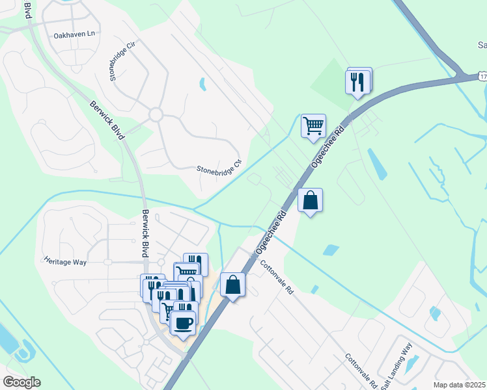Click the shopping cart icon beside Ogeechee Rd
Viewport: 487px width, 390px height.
(x=313, y=125)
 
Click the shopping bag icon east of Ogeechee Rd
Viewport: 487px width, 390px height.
(x=311, y=200)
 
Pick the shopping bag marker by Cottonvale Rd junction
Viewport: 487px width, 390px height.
(x=232, y=285)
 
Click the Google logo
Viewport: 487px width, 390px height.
(x=21, y=382)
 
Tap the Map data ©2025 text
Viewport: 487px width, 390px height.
(x=458, y=385)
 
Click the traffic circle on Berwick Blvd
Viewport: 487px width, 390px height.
(x=155, y=115)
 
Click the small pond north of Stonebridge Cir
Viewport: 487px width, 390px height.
(x=202, y=84)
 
